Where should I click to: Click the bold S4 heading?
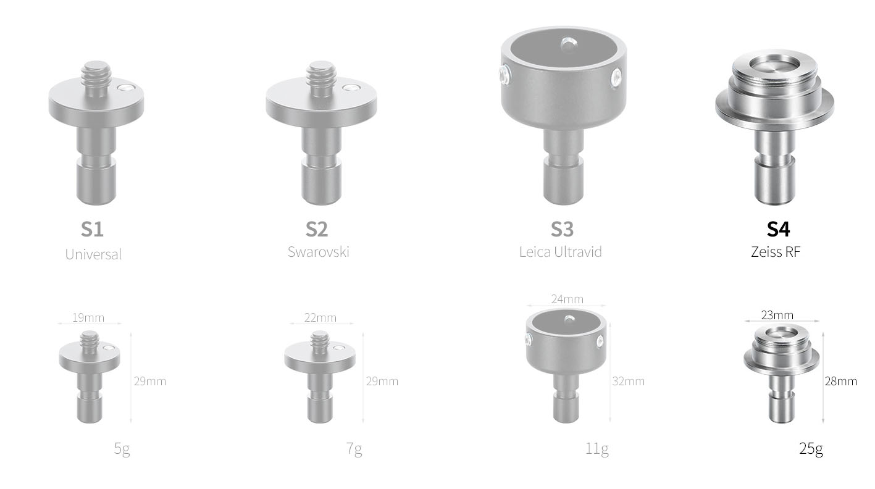click(778, 229)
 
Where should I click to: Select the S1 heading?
click(92, 229)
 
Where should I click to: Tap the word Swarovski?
click(319, 252)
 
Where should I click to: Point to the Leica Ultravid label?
click(561, 252)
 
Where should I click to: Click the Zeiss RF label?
click(776, 252)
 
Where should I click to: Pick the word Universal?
click(93, 254)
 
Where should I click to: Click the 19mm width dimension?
click(88, 317)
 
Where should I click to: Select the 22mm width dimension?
click(320, 317)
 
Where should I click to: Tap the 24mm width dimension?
click(567, 299)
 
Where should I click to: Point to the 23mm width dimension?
click(777, 315)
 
